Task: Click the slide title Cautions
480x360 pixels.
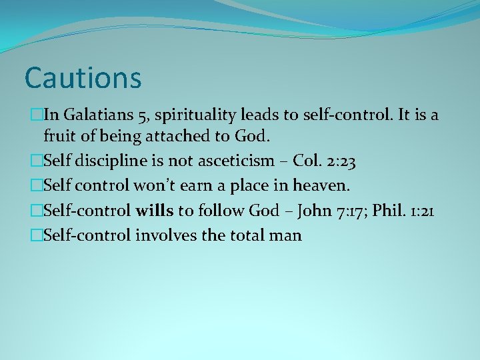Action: point(83,77)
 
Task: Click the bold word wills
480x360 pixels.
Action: point(154,211)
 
